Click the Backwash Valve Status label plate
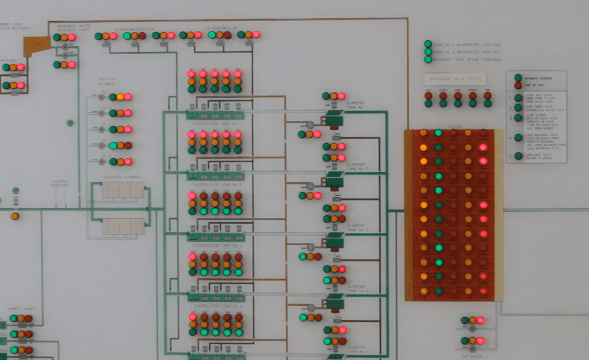tap(455, 80)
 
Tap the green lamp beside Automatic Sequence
tap(518, 78)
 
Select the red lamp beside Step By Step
tap(518, 85)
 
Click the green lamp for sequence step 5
tap(518, 156)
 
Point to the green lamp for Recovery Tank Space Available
tap(428, 59)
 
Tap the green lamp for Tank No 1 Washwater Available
tap(428, 44)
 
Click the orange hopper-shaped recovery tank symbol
tap(36, 46)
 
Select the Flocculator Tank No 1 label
tap(215, 124)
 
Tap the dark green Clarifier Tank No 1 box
tap(334, 120)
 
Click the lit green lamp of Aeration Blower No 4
tap(113, 146)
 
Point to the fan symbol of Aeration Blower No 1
tap(102, 97)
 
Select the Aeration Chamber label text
tap(122, 177)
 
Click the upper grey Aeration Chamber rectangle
tap(123, 190)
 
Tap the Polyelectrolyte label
tap(214, 29)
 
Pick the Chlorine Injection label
tap(59, 183)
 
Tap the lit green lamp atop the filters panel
tap(438, 133)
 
